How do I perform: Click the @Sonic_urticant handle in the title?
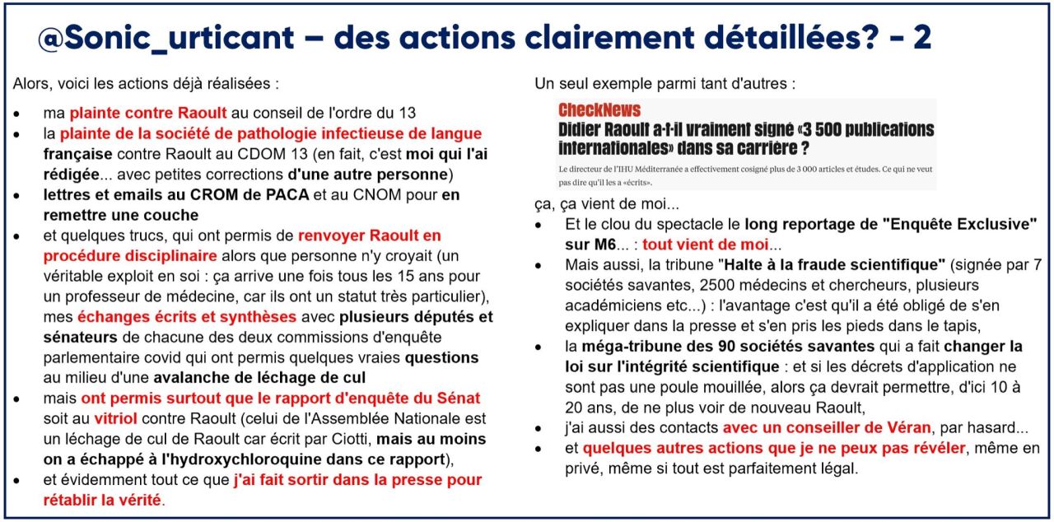pyautogui.click(x=166, y=38)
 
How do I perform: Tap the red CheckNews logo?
pyautogui.click(x=599, y=110)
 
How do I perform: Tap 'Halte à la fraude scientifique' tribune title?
pyautogui.click(x=828, y=265)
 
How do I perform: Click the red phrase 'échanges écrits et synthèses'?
pyautogui.click(x=187, y=316)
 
